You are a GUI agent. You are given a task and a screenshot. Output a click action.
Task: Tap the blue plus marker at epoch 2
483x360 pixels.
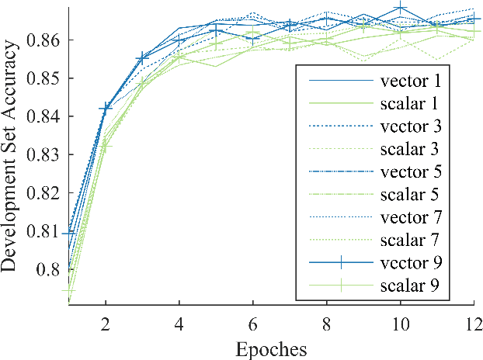(x=106, y=109)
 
